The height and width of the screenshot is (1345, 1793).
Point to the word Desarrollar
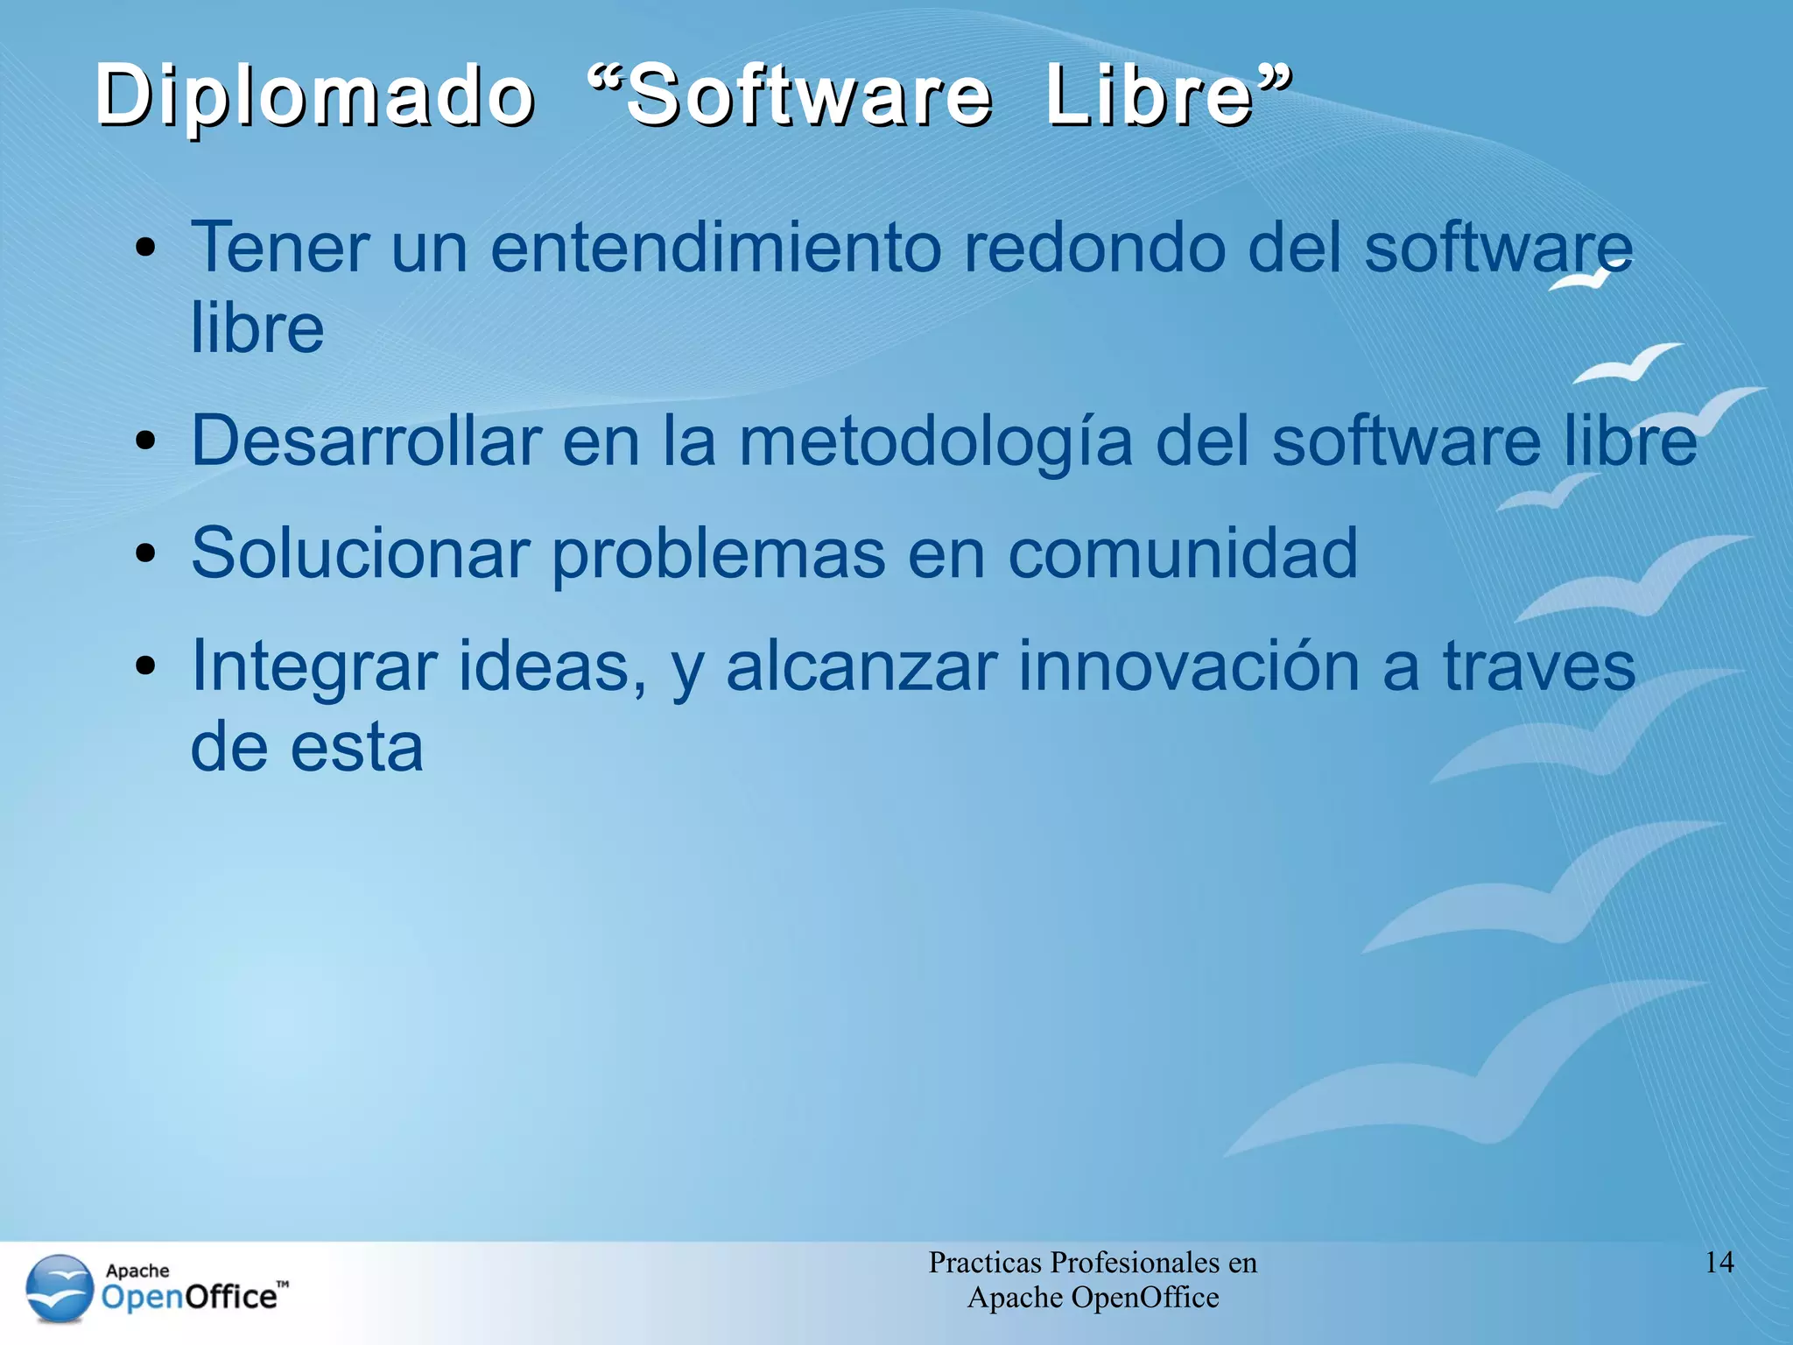tap(366, 440)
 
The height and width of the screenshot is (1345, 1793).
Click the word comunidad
tap(1182, 553)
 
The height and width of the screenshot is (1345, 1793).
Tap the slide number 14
tap(1719, 1263)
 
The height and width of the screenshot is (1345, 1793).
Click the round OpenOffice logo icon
tap(60, 1289)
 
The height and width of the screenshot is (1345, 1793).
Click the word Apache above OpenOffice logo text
tap(137, 1271)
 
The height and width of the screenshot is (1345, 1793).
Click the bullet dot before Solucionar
tap(145, 553)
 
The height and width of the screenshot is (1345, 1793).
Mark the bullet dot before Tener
tap(145, 248)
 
